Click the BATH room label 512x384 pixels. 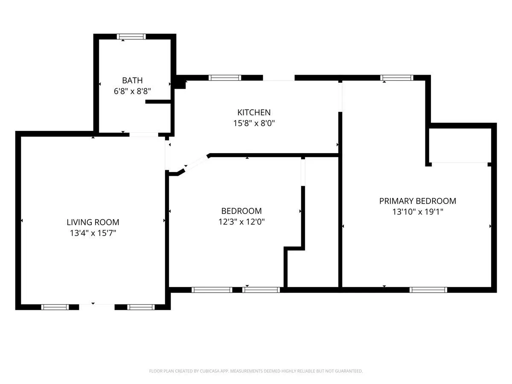coord(132,81)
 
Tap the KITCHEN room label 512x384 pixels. coord(254,113)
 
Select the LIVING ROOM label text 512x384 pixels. coord(93,222)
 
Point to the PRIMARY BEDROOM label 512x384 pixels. coord(418,201)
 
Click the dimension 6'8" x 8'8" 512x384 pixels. coord(132,91)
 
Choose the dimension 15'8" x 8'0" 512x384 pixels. coord(254,123)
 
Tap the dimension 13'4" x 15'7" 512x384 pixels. coord(93,233)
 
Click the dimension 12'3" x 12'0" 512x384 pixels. coord(241,221)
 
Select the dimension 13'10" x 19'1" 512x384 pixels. coord(418,212)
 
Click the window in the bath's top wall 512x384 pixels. coord(131,37)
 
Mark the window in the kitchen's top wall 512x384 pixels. coord(224,78)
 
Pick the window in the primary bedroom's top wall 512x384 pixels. coord(396,78)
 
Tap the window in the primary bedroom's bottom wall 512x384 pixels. coord(428,290)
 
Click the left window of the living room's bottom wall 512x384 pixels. coord(55,307)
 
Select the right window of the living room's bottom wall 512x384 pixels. coord(141,307)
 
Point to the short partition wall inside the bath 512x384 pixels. coord(158,102)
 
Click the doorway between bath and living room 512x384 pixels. coord(144,134)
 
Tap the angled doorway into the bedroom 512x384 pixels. coord(196,163)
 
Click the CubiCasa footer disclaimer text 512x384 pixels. coord(256,371)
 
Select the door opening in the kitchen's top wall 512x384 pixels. coord(279,78)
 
